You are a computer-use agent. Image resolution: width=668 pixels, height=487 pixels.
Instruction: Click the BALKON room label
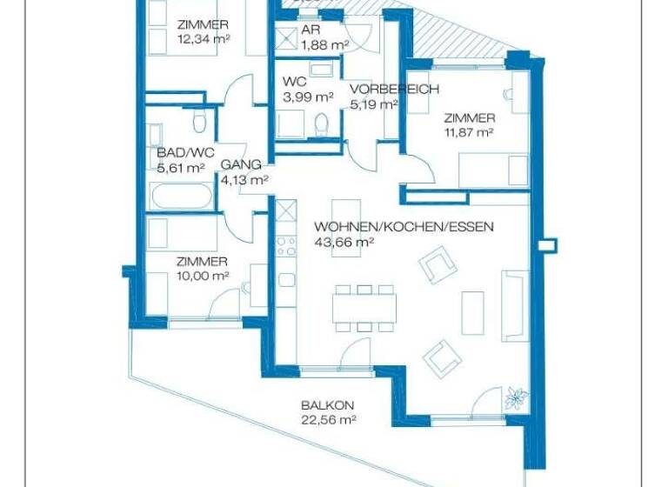point(321,405)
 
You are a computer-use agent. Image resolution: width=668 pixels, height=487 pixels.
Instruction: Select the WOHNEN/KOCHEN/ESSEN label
point(404,227)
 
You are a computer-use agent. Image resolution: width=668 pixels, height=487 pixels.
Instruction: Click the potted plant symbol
point(516,397)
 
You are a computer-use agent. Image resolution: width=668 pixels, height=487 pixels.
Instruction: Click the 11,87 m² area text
point(469,133)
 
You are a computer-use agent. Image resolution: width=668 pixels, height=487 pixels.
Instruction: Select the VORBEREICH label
point(394,90)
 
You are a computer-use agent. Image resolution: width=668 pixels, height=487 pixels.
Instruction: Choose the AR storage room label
point(311,30)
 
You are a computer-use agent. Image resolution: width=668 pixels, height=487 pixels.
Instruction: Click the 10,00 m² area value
point(202,276)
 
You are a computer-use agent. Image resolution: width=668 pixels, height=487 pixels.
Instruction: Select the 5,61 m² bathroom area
point(181,169)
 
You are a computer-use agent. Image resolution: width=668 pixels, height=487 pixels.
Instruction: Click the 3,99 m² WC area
point(308,97)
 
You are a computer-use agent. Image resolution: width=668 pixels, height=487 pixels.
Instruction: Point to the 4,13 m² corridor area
point(244,180)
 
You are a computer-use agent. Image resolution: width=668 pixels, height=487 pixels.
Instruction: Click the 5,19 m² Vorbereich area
point(374,104)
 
